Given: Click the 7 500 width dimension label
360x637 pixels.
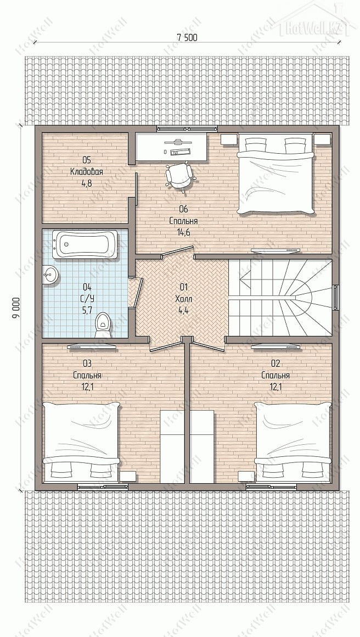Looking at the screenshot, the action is [x=187, y=37].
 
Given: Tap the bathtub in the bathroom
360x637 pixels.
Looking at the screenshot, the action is [x=87, y=244].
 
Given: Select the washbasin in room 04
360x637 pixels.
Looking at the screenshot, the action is [x=50, y=275].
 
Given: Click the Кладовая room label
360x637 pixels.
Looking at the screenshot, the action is [x=87, y=172].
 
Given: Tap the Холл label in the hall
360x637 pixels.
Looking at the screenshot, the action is [x=183, y=299].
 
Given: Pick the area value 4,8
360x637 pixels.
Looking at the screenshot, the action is [x=87, y=183].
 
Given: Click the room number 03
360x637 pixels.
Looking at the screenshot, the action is [x=87, y=363].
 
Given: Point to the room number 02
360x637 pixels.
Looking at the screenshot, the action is [x=275, y=363].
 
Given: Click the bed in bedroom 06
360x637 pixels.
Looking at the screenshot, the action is [x=275, y=175].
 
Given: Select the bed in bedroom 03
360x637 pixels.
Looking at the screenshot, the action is [x=82, y=442].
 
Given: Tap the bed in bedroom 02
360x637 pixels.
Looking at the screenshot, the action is [x=293, y=442].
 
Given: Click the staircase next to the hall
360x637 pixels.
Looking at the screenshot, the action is [x=280, y=298].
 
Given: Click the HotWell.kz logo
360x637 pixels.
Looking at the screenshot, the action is [x=313, y=25].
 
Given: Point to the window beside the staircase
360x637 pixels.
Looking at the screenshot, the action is [x=336, y=298].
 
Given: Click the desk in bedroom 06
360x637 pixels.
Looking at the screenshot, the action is [x=172, y=147].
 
